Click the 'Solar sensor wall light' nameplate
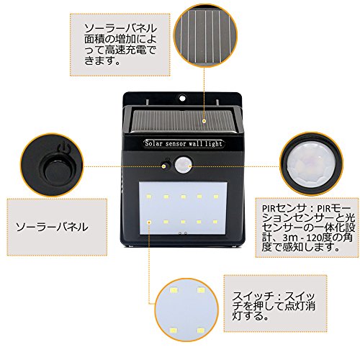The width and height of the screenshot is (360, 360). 184,143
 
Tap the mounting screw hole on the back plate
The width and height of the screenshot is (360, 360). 183,98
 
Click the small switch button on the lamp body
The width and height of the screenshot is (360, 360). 165,166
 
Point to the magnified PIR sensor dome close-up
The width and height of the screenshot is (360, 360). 311,163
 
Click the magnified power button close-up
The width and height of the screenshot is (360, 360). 52,166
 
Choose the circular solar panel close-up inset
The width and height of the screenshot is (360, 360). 205,35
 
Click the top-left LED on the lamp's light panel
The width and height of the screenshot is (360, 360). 149,197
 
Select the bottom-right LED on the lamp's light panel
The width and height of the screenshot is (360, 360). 215,222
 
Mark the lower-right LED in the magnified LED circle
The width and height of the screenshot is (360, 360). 201,331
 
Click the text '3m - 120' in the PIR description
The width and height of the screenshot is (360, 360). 302,238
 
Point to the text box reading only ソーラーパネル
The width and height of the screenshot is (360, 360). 57,227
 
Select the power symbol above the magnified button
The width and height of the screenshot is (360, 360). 63,147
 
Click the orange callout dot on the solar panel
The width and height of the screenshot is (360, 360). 204,121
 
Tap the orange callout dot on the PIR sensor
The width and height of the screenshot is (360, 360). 190,166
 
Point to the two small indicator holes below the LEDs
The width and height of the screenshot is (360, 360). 183,233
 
